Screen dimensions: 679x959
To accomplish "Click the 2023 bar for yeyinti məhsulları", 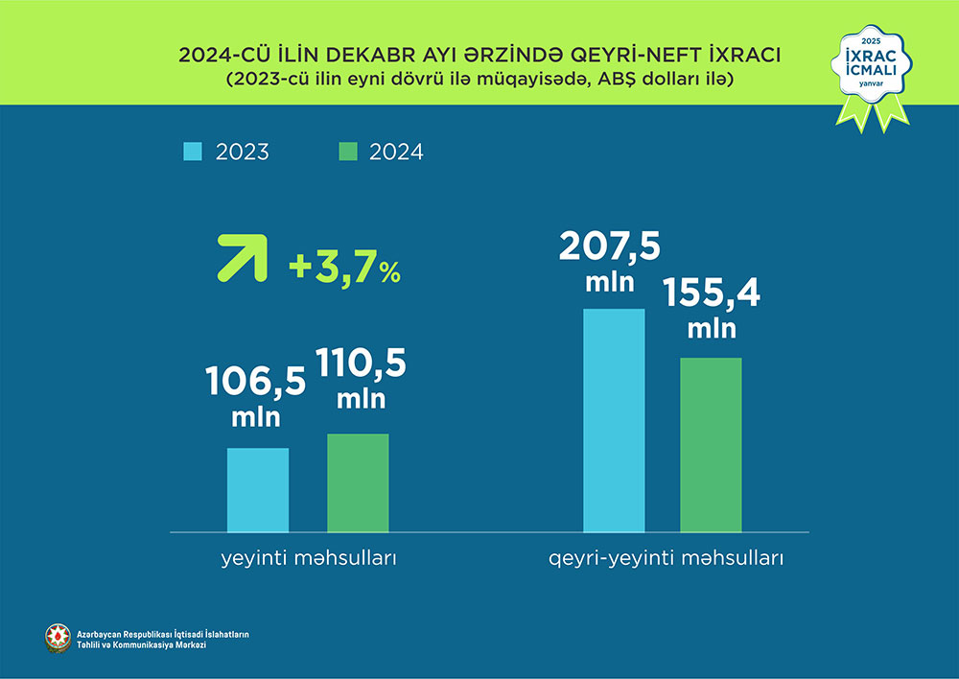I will coord(258,489).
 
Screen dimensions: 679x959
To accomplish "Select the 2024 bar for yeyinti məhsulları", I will coord(358,482).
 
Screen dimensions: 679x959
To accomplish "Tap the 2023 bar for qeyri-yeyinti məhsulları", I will coord(614,420).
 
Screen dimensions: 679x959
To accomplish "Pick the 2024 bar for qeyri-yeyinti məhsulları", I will coord(711,444).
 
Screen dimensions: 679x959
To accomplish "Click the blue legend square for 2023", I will coord(193,152).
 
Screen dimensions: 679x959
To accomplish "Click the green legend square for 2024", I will coord(348,152).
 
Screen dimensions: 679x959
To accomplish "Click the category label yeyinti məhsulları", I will coord(305,558).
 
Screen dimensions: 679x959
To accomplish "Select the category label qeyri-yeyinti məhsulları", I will coord(667,558).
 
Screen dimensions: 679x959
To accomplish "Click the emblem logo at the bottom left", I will coord(58,638).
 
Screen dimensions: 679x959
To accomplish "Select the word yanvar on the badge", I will coord(871,96).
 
